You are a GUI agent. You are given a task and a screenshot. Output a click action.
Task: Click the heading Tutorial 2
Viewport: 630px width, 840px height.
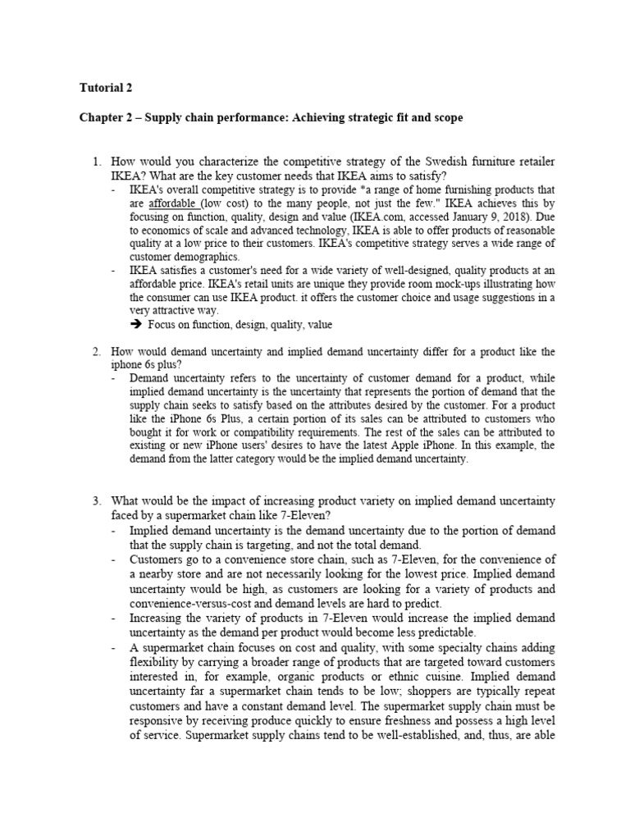point(104,87)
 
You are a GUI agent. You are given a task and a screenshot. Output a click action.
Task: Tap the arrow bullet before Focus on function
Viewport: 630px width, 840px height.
point(137,325)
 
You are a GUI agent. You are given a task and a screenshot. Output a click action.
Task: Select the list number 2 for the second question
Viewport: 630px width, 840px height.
point(96,352)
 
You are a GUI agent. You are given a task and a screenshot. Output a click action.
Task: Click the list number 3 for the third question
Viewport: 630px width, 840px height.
point(96,500)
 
